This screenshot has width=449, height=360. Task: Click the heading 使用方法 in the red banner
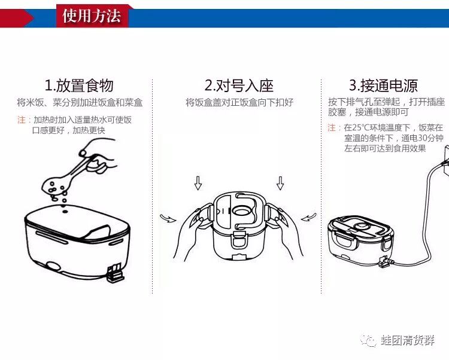(92, 16)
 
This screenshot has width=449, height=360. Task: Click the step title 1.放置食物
(79, 86)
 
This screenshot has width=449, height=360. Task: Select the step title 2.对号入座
(239, 85)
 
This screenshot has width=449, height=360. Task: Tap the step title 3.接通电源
(383, 85)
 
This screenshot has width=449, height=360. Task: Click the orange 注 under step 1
(22, 120)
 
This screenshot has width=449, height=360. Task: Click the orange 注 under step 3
(332, 127)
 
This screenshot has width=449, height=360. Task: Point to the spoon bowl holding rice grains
(55, 183)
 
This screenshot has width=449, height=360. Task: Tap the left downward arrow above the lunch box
(198, 183)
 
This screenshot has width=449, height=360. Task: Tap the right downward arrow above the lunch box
(280, 183)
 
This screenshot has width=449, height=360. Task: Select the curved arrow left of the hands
(168, 219)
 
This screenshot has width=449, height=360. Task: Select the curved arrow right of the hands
(309, 217)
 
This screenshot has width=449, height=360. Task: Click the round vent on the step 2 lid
(242, 212)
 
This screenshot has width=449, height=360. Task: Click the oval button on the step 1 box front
(53, 266)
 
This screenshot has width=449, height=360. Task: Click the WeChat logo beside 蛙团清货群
(369, 340)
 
